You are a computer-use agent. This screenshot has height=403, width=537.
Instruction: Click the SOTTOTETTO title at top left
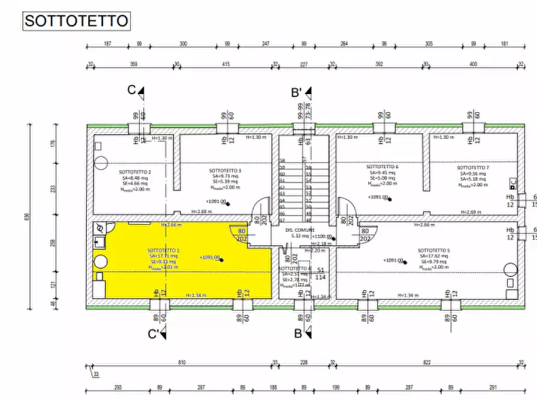pos(76,21)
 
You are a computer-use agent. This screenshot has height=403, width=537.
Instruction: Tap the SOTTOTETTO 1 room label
pos(164,250)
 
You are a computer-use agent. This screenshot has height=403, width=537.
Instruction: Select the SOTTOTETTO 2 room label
pos(135,172)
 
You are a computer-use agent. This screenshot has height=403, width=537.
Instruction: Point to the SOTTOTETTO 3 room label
pos(225,171)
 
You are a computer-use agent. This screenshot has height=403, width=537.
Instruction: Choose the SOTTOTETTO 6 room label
pos(382,167)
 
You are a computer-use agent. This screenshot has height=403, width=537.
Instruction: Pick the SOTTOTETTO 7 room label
pos(473,168)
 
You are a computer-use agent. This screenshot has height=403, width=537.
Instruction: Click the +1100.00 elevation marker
pos(322,237)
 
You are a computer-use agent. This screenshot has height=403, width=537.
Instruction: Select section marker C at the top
pos(132,90)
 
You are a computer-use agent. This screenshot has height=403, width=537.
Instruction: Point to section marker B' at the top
pos(296,93)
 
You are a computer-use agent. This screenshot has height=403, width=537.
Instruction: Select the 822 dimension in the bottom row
pos(427,363)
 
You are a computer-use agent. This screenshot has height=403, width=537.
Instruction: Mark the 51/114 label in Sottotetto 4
pos(321,274)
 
